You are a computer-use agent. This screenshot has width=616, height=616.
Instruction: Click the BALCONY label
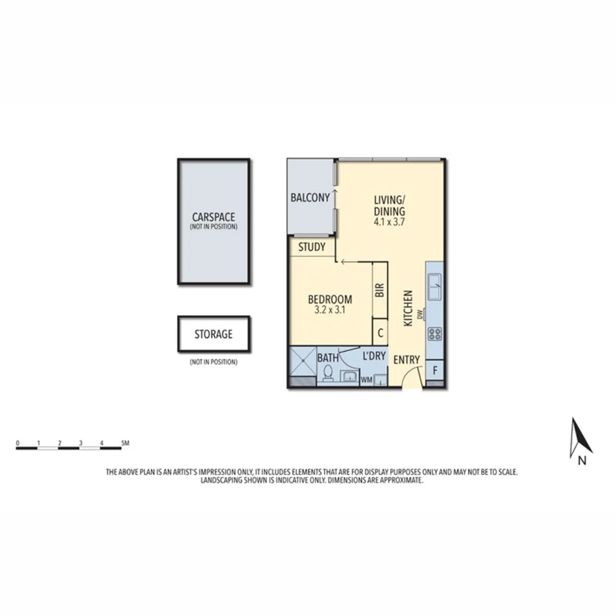(310, 198)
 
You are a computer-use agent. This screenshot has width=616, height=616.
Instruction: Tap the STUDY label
(312, 248)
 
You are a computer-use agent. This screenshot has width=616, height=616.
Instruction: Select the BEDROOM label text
(330, 299)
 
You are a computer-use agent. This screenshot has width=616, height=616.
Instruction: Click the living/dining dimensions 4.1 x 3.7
(389, 223)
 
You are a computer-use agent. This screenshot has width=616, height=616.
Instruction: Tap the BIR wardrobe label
(380, 291)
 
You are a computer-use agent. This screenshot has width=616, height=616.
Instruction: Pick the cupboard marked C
(380, 333)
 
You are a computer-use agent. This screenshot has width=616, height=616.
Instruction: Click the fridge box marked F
(434, 370)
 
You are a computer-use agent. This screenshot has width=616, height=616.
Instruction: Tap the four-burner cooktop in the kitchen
(436, 333)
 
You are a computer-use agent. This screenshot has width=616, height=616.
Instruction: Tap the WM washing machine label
(365, 380)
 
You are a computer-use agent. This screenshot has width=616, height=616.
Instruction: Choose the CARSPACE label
(213, 217)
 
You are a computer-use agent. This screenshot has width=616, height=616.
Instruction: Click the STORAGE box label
(213, 334)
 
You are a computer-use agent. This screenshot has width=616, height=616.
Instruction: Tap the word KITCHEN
(408, 308)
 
